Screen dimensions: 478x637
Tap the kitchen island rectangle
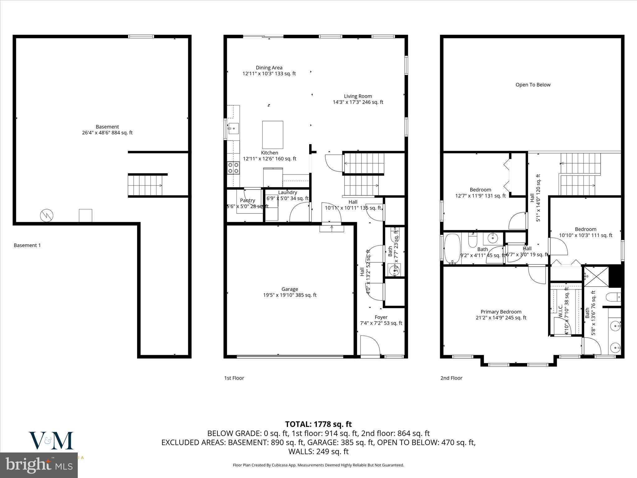click(272, 135)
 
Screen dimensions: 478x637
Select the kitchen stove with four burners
click(233, 168)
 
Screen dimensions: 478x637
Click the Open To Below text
click(533, 85)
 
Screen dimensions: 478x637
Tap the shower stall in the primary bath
click(595, 276)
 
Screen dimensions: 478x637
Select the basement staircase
click(145, 185)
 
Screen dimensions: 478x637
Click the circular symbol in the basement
click(47, 215)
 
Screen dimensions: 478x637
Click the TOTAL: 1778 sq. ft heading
click(318, 424)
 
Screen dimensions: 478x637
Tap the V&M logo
click(51, 440)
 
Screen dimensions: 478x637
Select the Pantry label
click(248, 200)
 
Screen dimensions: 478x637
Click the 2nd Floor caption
click(451, 378)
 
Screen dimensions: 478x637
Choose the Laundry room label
click(287, 193)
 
